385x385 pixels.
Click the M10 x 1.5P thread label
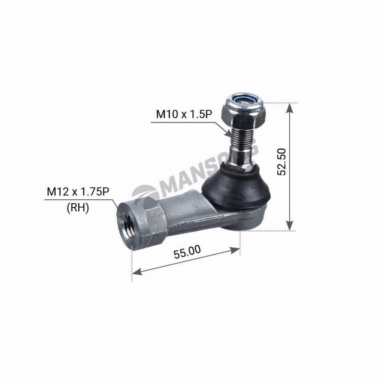click(187, 114)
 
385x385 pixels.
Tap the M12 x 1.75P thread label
click(77, 192)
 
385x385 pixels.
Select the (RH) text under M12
click(77, 208)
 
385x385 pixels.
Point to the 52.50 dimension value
click(281, 162)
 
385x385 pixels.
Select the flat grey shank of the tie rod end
click(192, 214)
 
